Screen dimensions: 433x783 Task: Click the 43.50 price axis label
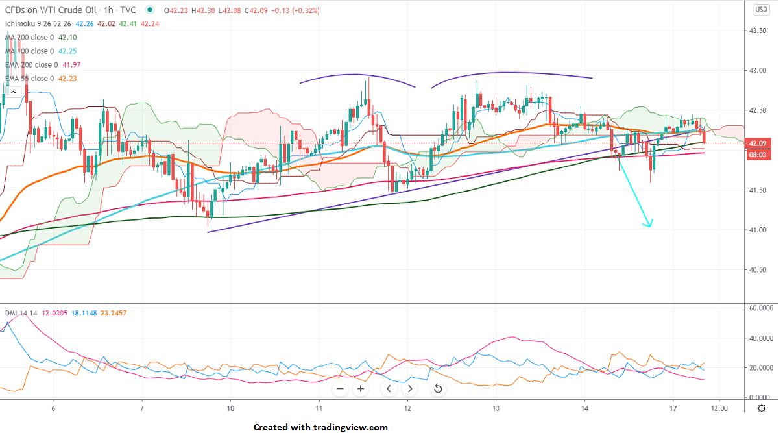(758, 31)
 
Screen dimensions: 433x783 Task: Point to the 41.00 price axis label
(758, 230)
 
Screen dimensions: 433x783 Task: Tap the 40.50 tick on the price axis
(758, 270)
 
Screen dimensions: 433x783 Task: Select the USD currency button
(761, 9)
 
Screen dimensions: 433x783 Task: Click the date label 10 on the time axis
(231, 408)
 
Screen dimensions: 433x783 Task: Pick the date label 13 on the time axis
(496, 408)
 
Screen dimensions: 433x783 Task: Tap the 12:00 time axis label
(719, 408)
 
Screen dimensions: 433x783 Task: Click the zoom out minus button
(341, 389)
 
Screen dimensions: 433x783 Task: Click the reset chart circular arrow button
(438, 389)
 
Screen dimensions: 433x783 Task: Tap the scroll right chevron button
(409, 389)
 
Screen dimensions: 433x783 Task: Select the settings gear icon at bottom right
(761, 408)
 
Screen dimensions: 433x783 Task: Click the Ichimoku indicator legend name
(22, 24)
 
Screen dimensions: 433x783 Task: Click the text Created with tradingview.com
(320, 427)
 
